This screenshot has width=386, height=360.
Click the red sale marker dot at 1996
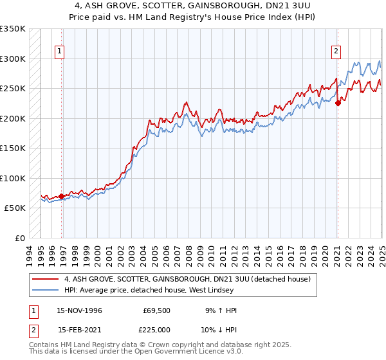click(x=62, y=196)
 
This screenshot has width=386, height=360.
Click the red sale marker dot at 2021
click(x=338, y=103)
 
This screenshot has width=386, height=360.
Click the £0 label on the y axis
click(x=19, y=238)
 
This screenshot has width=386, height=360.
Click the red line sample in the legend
click(x=45, y=280)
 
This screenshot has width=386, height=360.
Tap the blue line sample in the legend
click(x=45, y=290)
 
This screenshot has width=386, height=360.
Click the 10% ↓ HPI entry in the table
click(x=219, y=329)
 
